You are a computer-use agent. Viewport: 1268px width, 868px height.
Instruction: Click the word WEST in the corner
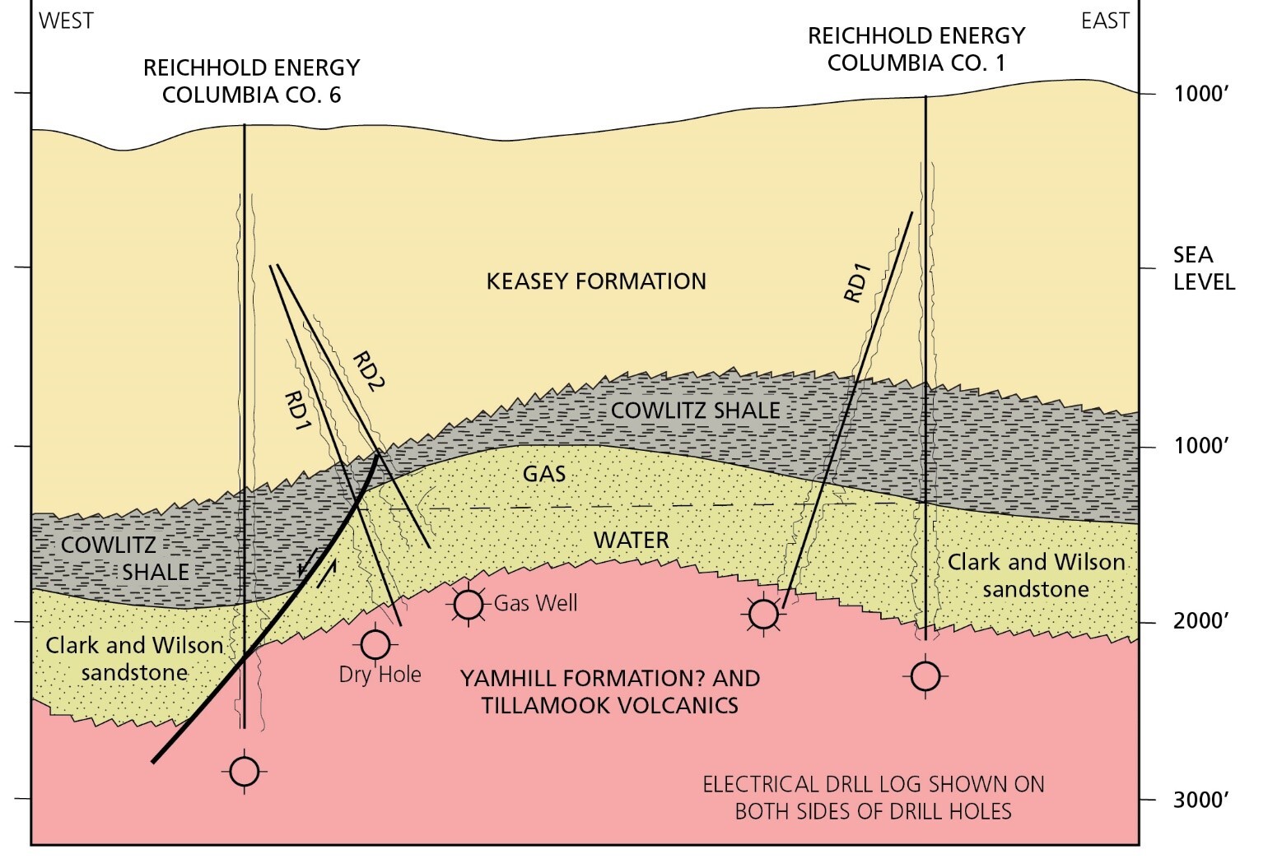pyautogui.click(x=67, y=21)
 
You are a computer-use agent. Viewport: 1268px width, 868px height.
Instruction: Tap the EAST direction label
pyautogui.click(x=1105, y=21)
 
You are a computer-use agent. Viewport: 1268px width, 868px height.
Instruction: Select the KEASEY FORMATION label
pyautogui.click(x=596, y=281)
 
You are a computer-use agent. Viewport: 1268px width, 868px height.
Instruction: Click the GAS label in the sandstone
pyautogui.click(x=544, y=474)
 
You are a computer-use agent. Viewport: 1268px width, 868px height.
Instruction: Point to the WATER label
pyautogui.click(x=632, y=541)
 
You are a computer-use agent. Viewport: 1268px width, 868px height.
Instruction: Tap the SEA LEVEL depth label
pyautogui.click(x=1204, y=268)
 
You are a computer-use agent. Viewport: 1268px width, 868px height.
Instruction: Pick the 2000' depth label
pyautogui.click(x=1201, y=620)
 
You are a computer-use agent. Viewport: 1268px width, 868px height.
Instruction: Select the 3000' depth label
pyautogui.click(x=1201, y=799)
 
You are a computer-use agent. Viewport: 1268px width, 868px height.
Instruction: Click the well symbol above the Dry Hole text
pyautogui.click(x=375, y=644)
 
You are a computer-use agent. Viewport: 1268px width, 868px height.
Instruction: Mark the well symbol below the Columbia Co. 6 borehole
pyautogui.click(x=244, y=772)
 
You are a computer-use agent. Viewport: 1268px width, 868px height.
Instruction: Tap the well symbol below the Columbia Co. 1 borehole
pyautogui.click(x=926, y=676)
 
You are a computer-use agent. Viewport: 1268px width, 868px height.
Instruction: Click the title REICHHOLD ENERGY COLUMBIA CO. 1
pyautogui.click(x=916, y=49)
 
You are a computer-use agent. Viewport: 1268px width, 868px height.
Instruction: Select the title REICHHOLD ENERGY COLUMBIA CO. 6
pyautogui.click(x=251, y=81)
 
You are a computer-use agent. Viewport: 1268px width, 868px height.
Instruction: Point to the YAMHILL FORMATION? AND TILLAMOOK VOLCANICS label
pyautogui.click(x=609, y=692)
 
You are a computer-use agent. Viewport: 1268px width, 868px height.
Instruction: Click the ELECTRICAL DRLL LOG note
pyautogui.click(x=873, y=797)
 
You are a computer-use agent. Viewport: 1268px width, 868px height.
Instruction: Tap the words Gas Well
pyautogui.click(x=535, y=604)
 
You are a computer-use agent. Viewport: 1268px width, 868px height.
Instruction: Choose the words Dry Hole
pyautogui.click(x=380, y=675)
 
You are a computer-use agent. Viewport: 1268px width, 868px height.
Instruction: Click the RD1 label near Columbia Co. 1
pyautogui.click(x=857, y=283)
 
